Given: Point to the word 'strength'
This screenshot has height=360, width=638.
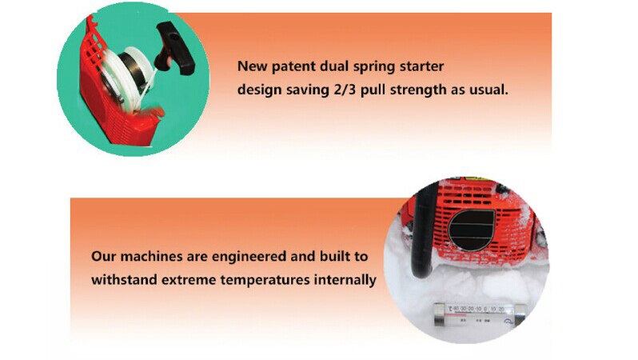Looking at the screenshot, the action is [x=418, y=90].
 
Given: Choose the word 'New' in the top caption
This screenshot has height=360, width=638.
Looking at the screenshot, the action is [x=253, y=66].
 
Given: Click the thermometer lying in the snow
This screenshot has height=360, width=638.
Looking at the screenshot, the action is [x=478, y=314].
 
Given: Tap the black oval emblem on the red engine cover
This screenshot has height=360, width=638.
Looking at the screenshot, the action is [x=471, y=230].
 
